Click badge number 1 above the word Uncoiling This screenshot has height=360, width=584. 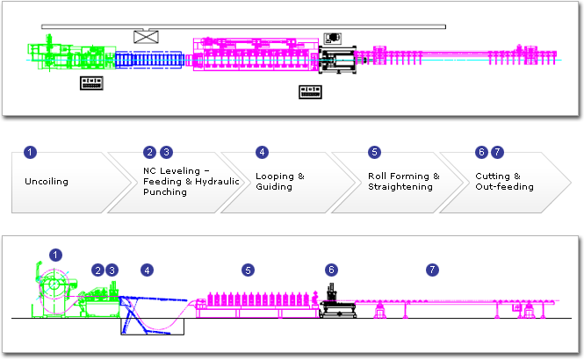(x=31, y=152)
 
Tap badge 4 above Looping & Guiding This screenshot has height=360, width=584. (x=262, y=152)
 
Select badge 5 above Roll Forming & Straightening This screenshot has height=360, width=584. (x=374, y=152)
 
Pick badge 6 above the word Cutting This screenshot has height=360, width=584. (x=481, y=152)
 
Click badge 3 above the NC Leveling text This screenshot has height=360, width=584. (x=167, y=152)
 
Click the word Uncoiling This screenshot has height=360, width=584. (x=47, y=182)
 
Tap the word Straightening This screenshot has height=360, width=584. (x=400, y=187)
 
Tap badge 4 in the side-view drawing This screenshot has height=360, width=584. (x=147, y=269)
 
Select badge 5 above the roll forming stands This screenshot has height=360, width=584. (x=249, y=269)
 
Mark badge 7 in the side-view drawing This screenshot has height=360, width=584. (x=430, y=269)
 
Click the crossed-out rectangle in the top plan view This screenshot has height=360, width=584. (x=145, y=37)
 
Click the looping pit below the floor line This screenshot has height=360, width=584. (x=153, y=327)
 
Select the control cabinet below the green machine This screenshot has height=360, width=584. (x=91, y=83)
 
